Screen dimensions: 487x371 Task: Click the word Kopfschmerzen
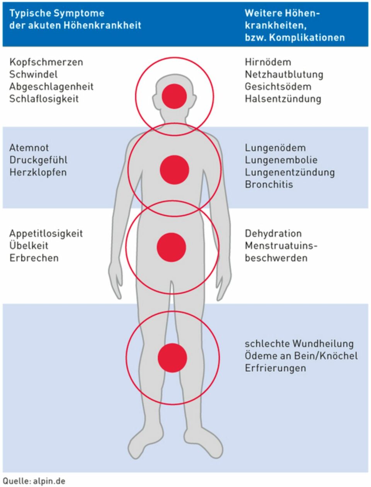pyautogui.click(x=46, y=62)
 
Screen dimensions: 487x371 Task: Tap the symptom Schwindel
pyautogui.click(x=33, y=74)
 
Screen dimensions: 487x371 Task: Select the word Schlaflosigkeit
pyautogui.click(x=44, y=99)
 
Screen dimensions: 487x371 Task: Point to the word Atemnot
pyautogui.click(x=29, y=148)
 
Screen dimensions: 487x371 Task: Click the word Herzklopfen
pyautogui.click(x=38, y=172)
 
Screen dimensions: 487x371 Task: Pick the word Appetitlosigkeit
pyautogui.click(x=46, y=233)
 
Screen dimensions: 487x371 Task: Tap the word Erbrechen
pyautogui.click(x=34, y=258)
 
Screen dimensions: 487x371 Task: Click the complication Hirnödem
pyautogui.click(x=268, y=62)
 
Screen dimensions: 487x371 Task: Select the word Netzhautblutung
pyautogui.click(x=284, y=74)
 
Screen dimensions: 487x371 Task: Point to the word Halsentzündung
pyautogui.click(x=283, y=99)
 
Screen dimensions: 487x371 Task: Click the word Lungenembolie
pyautogui.click(x=281, y=160)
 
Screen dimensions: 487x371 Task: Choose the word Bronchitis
pyautogui.click(x=269, y=184)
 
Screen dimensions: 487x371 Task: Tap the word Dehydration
pyautogui.click(x=273, y=233)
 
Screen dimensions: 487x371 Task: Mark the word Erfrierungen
pyautogui.click(x=275, y=368)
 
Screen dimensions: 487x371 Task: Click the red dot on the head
pyautogui.click(x=174, y=96)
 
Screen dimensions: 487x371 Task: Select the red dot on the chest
pyautogui.click(x=174, y=170)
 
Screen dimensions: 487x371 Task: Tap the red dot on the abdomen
pyautogui.click(x=172, y=247)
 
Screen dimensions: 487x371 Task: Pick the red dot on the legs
pyautogui.click(x=172, y=358)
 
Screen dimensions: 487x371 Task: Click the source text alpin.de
pyautogui.click(x=49, y=481)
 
